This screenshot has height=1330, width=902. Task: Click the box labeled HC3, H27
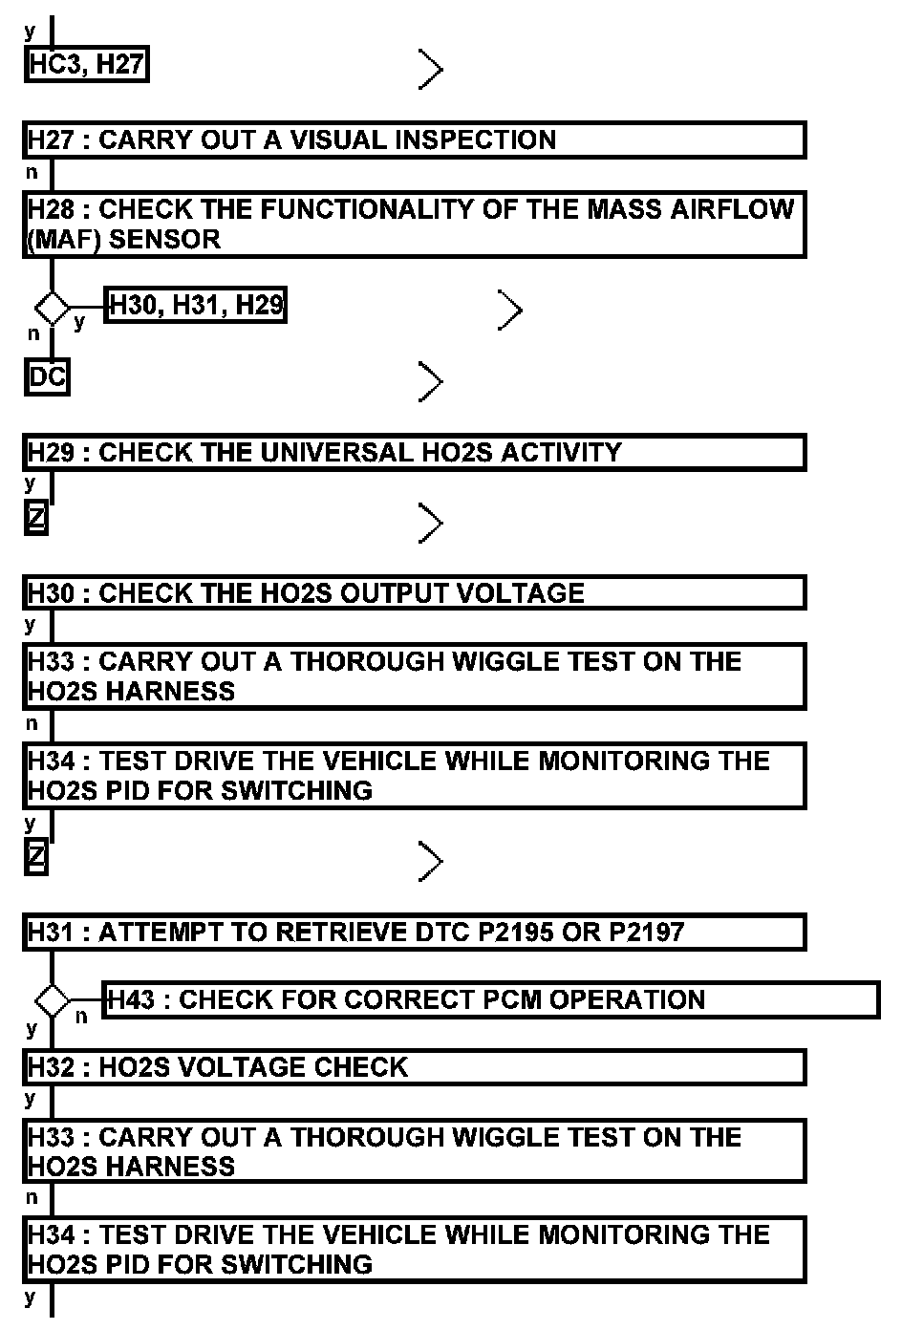[x=86, y=65]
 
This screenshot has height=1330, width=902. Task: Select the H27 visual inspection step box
[x=414, y=139]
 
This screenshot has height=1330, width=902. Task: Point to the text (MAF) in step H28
[x=64, y=240]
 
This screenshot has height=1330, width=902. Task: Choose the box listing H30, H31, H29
[x=195, y=306]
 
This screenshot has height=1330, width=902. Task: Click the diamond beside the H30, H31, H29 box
[x=53, y=309]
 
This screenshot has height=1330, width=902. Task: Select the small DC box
[x=47, y=377]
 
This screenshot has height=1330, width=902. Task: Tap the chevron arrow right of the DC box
[x=431, y=382]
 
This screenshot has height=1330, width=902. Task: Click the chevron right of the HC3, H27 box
[x=431, y=69]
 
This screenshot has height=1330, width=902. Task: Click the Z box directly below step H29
[x=36, y=520]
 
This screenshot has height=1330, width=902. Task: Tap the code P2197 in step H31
[x=647, y=932]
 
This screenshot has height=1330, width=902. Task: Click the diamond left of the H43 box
[x=53, y=1001]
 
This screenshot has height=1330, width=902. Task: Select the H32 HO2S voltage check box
[x=414, y=1067]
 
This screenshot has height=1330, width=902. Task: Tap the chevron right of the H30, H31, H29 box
[x=510, y=310]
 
